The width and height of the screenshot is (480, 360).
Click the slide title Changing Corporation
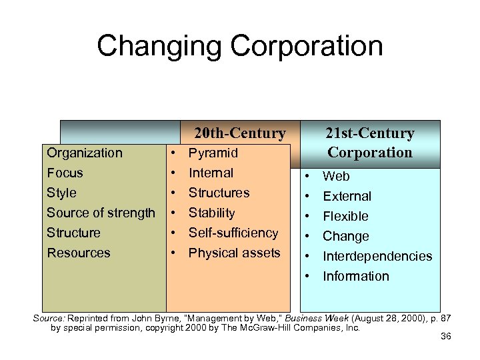[x=240, y=46]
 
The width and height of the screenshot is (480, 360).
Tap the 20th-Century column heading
[x=239, y=133]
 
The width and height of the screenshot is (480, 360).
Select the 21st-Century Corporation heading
[x=370, y=143]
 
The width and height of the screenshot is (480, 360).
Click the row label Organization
[x=85, y=153]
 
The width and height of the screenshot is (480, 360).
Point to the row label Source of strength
[x=101, y=213]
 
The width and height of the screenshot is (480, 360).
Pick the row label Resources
[x=79, y=253]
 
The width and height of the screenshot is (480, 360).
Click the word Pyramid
[x=213, y=153]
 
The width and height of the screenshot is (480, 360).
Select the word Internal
[x=211, y=173]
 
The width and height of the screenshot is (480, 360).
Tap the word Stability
[x=212, y=213]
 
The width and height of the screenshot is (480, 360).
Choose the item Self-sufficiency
[x=233, y=233]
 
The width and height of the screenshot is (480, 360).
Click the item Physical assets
[x=235, y=253]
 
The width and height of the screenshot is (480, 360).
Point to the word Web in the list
[x=336, y=176]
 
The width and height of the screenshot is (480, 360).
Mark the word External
[x=347, y=196]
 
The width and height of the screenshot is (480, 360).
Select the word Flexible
[x=345, y=216]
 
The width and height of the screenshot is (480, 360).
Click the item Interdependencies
[x=377, y=256]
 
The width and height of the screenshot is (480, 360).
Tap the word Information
[x=356, y=276]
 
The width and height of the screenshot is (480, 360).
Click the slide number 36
[x=446, y=336]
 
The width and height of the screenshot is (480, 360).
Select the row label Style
[x=61, y=193]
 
